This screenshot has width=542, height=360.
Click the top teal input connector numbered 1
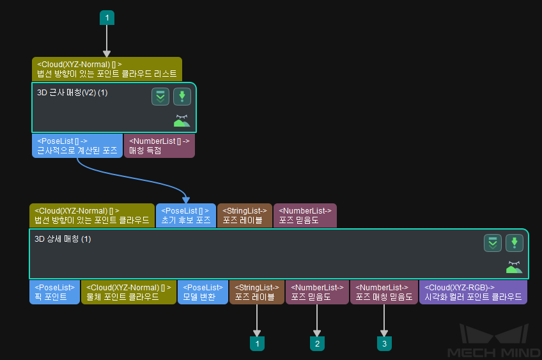point(107,18)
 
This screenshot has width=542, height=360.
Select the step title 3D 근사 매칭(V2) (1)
point(72,93)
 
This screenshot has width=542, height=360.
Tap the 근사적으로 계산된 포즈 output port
point(77,146)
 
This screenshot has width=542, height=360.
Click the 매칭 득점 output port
point(159,146)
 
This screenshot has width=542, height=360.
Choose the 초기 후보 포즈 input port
point(185,215)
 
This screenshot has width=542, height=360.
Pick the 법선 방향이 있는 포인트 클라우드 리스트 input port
point(107,68)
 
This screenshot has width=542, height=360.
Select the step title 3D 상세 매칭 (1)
point(63,239)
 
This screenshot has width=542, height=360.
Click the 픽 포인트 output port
point(54,292)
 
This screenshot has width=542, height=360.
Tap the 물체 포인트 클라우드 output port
point(128,292)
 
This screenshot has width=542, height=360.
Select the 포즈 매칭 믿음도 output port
point(383,292)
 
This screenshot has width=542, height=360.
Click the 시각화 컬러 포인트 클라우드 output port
point(473,292)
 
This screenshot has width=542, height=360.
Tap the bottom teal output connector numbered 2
point(317,343)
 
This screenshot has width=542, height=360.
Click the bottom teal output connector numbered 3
point(384,343)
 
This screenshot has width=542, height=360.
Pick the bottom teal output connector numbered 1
point(257,343)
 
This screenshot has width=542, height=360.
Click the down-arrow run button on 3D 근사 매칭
point(182,97)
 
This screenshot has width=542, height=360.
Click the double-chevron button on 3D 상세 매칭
point(492,243)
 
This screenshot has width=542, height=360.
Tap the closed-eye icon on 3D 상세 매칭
point(514,267)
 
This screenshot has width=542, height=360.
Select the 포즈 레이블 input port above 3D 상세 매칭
point(245,215)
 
